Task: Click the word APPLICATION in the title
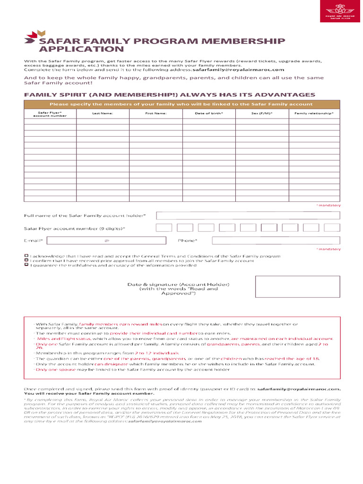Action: (x=81, y=49)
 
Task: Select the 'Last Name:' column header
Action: (x=103, y=113)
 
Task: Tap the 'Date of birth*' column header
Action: (x=209, y=113)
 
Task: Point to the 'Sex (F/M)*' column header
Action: (x=262, y=113)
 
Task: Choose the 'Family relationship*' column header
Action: (x=314, y=113)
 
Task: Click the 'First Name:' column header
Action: (x=156, y=113)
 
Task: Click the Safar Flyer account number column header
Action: (x=50, y=114)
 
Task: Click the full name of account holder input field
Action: (x=248, y=216)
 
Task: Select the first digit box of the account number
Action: (x=164, y=228)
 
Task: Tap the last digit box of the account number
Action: (x=332, y=228)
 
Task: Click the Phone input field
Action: (x=276, y=241)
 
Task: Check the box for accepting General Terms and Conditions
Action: (x=26, y=256)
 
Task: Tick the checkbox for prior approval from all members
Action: (x=26, y=260)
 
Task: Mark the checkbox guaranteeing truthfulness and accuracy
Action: (x=26, y=265)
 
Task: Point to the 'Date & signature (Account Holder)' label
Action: (x=178, y=285)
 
